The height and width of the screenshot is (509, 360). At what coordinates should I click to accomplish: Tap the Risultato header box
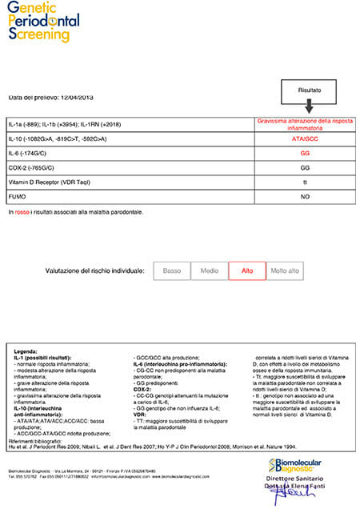tap(310, 91)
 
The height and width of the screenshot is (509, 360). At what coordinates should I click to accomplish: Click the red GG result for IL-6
tap(306, 153)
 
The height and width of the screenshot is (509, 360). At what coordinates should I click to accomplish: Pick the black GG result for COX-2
tap(306, 167)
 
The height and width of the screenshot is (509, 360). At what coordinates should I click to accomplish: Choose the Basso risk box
tap(171, 271)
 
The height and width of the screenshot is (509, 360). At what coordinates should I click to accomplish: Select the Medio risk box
tap(209, 271)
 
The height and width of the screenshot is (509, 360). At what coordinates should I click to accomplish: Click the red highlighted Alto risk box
tap(247, 271)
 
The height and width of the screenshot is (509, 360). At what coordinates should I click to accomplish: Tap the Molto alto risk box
tap(285, 271)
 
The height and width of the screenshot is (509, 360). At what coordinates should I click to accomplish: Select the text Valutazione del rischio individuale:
tap(94, 271)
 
